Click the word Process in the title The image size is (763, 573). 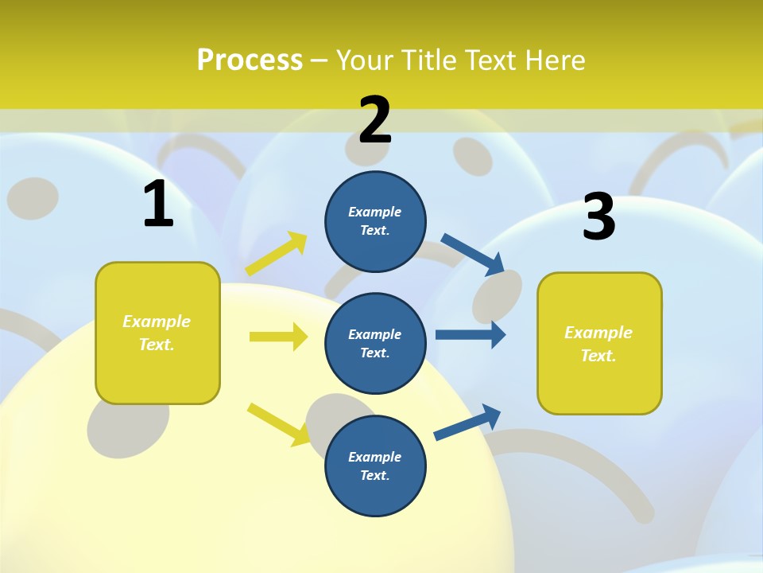[250, 60]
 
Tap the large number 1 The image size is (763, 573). [158, 204]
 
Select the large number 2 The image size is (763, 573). [375, 120]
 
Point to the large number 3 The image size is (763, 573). [598, 216]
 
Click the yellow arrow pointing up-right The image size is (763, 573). [277, 254]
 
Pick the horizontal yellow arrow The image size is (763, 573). [278, 337]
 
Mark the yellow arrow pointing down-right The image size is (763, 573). [279, 423]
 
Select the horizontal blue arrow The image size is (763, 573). [471, 334]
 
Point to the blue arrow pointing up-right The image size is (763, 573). [467, 422]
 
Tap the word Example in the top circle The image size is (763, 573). [374, 212]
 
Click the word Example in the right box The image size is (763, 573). [598, 333]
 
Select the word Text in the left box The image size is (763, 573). [157, 345]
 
